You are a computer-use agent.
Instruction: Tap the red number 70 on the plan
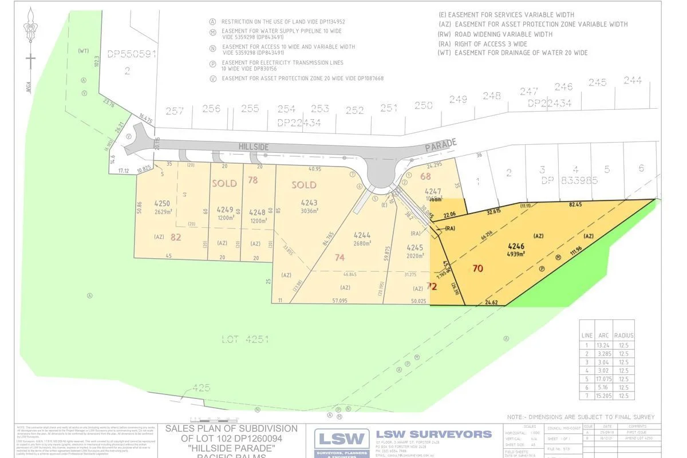pyautogui.click(x=478, y=267)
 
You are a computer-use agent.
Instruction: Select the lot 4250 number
pyautogui.click(x=163, y=203)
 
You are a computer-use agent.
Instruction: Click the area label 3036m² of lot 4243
pyautogui.click(x=309, y=210)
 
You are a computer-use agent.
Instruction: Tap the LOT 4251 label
pyautogui.click(x=244, y=339)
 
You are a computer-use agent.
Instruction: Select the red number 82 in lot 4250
pyautogui.click(x=175, y=237)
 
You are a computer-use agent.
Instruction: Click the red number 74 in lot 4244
pyautogui.click(x=339, y=258)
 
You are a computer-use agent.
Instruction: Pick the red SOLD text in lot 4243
pyautogui.click(x=304, y=185)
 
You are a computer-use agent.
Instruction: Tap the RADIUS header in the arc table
pyautogui.click(x=623, y=335)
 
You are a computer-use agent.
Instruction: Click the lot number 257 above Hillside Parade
pyautogui.click(x=175, y=110)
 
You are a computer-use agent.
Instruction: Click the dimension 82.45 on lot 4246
pyautogui.click(x=576, y=204)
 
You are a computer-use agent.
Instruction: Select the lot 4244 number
pyautogui.click(x=362, y=235)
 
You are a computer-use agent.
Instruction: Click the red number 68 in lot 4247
pyautogui.click(x=425, y=176)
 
